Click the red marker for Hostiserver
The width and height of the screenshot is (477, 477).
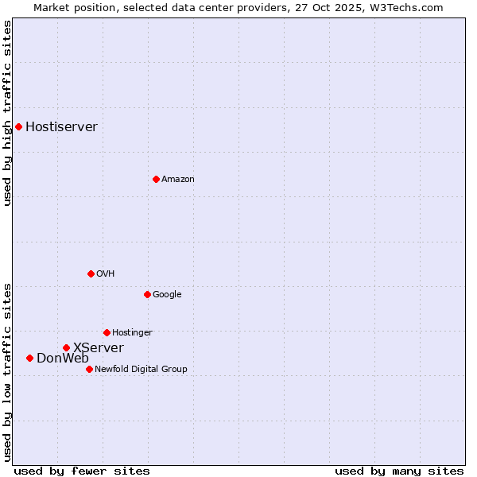[x=18, y=126]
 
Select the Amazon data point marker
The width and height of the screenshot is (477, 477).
[x=156, y=179]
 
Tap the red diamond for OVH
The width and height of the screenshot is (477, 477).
[x=91, y=273]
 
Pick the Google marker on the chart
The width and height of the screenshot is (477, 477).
[x=147, y=294]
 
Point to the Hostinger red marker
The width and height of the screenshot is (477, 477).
[x=107, y=332]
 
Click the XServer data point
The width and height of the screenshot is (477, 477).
[x=66, y=347]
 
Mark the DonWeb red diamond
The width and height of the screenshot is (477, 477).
[x=29, y=358]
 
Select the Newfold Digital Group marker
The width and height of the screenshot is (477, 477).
[x=89, y=369]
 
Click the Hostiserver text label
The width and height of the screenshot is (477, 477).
[x=61, y=127]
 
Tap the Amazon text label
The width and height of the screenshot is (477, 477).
[x=177, y=180]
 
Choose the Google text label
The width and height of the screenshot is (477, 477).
[x=167, y=295]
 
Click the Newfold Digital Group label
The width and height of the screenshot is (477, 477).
[x=141, y=370]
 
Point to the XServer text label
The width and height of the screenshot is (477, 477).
[x=98, y=348]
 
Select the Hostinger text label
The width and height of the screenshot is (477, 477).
[x=132, y=333]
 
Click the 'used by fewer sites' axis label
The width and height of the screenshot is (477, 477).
[x=82, y=471]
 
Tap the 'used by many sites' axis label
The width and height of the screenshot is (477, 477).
[x=399, y=471]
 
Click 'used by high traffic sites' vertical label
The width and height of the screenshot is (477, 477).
[x=8, y=113]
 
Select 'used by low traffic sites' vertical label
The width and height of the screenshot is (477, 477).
[x=8, y=372]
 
